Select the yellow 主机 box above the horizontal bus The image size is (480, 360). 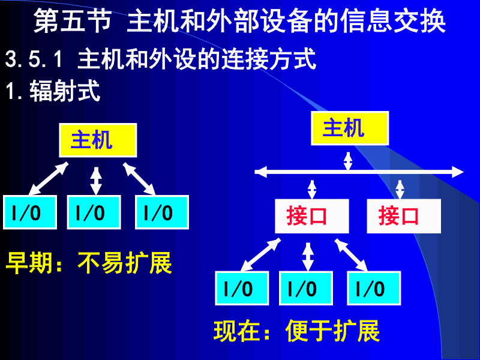349,128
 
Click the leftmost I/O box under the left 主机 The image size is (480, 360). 30,212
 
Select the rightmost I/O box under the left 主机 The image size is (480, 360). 162,212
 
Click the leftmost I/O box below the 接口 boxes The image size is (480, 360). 242,289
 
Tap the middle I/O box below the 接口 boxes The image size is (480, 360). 306,289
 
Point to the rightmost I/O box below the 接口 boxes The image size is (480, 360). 374,289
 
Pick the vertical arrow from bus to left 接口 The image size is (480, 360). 311,188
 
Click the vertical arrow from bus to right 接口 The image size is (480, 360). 400,188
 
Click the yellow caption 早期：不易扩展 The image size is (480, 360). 89,263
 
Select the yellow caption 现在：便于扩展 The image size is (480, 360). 296,331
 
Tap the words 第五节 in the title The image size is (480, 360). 72,23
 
